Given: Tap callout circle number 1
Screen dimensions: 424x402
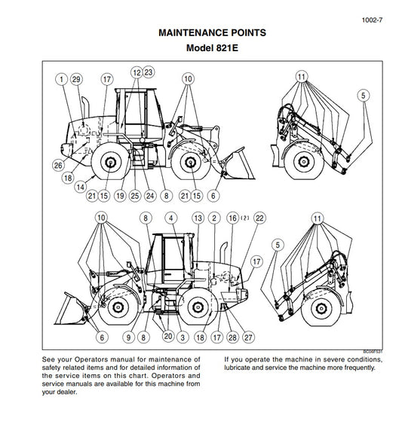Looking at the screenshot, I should [x=60, y=78].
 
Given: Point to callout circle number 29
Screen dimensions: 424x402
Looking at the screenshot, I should [x=76, y=78].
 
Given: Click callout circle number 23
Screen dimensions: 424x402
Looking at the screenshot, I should [x=149, y=72].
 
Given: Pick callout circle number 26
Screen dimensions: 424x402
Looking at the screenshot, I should [x=58, y=165].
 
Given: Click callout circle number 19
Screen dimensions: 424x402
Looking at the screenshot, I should [x=119, y=196].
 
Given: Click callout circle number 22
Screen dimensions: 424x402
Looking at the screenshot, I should [x=260, y=218].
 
